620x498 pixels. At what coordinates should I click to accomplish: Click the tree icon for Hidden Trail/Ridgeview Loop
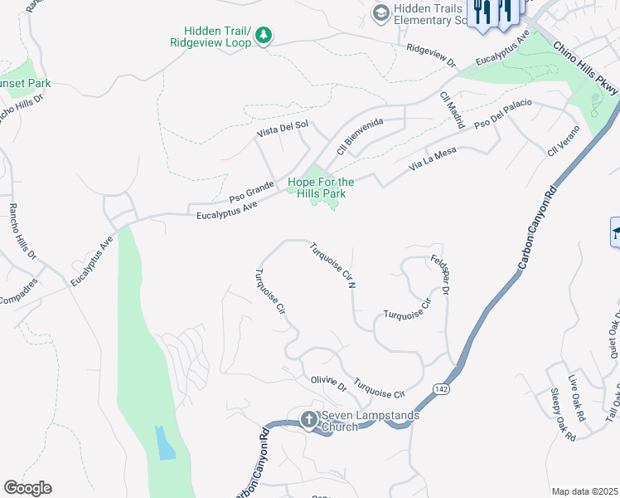pos(263,35)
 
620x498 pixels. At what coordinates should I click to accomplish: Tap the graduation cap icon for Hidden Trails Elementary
pos(380,12)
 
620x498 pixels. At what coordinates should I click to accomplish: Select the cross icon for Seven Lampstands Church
pos(308,419)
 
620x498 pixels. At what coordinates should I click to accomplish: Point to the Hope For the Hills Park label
pos(321,188)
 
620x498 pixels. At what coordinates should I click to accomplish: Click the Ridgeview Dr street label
pos(431,55)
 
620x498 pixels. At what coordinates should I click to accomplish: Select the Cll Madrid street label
pos(452,109)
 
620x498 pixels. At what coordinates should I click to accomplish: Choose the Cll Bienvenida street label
pos(360,137)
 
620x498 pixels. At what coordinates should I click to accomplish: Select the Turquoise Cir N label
pos(332,265)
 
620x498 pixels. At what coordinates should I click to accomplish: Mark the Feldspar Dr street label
pos(439,275)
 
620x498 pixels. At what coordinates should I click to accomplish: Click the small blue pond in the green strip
pos(165,443)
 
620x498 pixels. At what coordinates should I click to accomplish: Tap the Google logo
pos(27,488)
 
